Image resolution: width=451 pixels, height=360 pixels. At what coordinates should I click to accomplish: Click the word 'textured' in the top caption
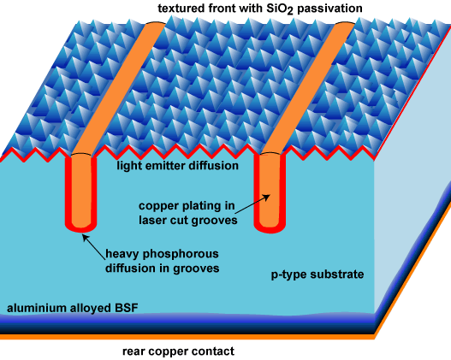point(181,9)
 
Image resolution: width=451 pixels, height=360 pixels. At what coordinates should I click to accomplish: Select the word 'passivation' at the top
point(329,9)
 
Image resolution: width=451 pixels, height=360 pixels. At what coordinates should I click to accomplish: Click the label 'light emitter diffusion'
point(177,166)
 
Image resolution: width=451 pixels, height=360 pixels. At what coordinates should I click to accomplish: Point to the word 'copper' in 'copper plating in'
point(158,206)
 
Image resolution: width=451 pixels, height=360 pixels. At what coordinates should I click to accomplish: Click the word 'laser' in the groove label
point(153,220)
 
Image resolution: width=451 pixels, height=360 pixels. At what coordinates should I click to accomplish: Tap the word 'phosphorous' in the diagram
point(181,254)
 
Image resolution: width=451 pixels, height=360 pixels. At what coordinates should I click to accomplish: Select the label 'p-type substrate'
point(317,274)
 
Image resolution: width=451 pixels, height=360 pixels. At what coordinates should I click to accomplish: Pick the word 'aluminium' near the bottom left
point(37,308)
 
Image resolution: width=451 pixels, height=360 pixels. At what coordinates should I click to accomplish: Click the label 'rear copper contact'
point(178,351)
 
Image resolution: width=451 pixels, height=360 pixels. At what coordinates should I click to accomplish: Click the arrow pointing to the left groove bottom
point(94,247)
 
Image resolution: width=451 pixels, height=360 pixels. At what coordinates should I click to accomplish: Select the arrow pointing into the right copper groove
point(252,204)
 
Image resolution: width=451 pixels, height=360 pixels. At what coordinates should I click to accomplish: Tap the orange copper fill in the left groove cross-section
point(81,191)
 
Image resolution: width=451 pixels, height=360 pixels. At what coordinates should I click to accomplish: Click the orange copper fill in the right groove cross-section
point(270,190)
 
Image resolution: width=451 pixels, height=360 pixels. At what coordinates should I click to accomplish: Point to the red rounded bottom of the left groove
point(80,228)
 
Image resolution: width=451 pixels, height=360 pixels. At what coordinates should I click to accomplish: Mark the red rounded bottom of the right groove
point(270,229)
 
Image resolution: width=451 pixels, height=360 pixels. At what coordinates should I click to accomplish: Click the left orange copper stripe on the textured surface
point(118,89)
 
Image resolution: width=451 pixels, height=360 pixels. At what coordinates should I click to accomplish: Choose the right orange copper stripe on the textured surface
point(307,88)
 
